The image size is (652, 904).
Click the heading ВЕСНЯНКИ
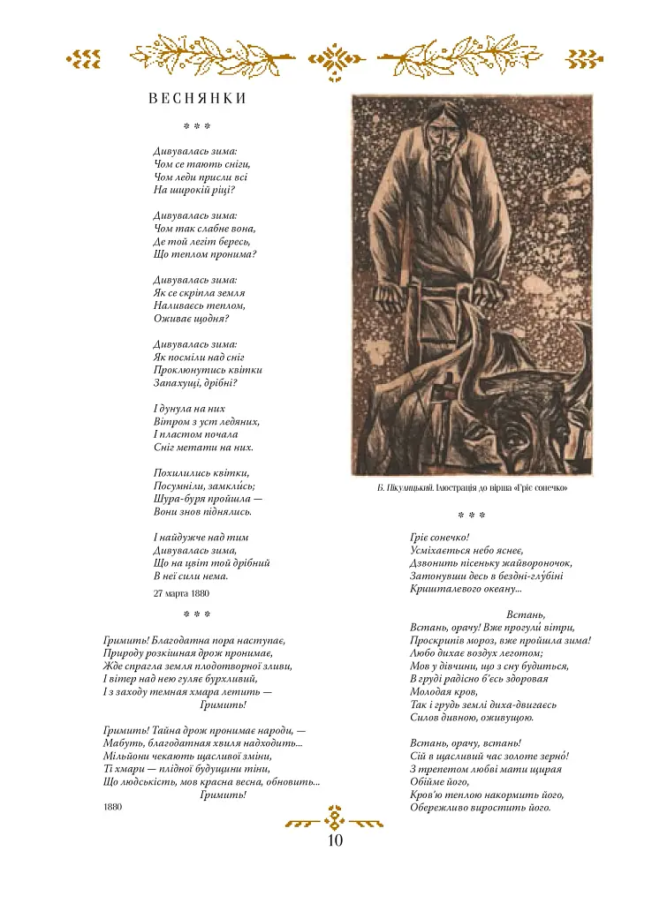click(197, 99)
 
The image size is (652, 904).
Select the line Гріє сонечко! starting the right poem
click(439, 537)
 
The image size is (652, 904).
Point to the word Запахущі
click(177, 383)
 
